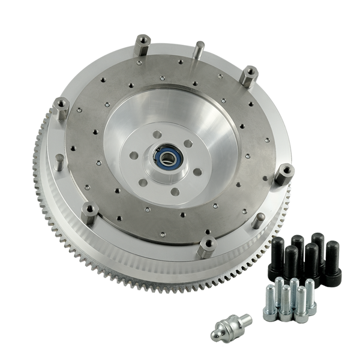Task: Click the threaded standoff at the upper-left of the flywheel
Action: [x=143, y=46]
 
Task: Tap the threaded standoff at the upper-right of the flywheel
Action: [x=248, y=76]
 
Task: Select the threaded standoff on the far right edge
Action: [x=285, y=173]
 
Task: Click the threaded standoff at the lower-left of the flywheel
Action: [x=89, y=212]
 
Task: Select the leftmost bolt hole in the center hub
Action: [x=135, y=155]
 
